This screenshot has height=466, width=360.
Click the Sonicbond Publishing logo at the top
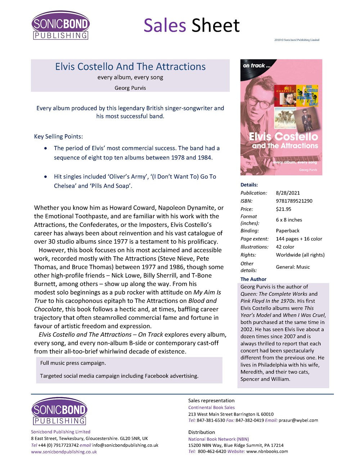click(x=60, y=25)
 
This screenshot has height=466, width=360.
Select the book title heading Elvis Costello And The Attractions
click(x=130, y=67)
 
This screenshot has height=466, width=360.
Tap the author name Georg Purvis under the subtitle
click(x=130, y=88)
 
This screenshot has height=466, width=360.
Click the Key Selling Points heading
click(x=58, y=136)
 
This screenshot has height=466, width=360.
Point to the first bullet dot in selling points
click(x=45, y=148)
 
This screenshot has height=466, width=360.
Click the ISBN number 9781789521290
click(x=294, y=201)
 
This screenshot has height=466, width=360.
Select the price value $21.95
click(x=283, y=209)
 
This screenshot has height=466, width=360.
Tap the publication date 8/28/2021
click(x=288, y=193)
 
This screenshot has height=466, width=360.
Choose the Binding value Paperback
click(x=287, y=230)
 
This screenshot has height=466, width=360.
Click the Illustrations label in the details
click(x=254, y=247)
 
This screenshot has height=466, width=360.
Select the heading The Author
click(x=253, y=279)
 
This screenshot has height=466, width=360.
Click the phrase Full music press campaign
click(x=73, y=363)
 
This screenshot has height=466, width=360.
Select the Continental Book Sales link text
click(x=211, y=407)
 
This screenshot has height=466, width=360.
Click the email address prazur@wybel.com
click(x=298, y=420)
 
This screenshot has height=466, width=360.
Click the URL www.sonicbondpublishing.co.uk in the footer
click(x=64, y=452)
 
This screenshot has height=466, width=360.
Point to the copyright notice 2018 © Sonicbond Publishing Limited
click(x=297, y=40)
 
